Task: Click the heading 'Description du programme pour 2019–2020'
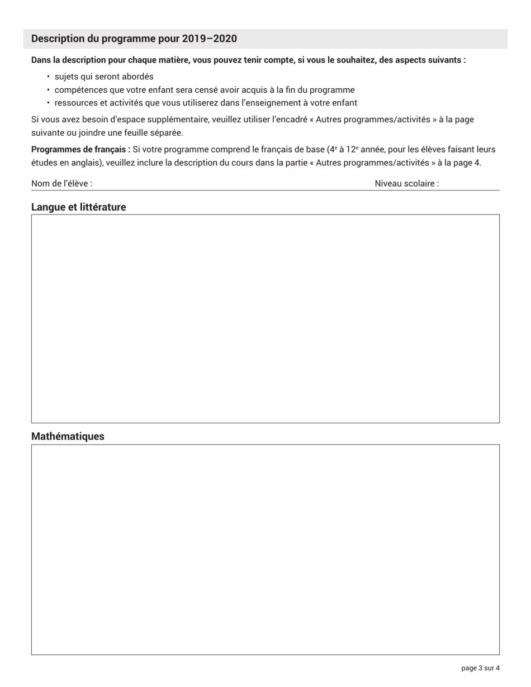(134, 39)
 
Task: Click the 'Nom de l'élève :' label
(61, 183)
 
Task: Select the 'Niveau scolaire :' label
(406, 183)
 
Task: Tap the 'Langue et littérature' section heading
(78, 207)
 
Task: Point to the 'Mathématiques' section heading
(68, 436)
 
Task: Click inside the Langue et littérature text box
(265, 318)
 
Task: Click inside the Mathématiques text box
(265, 549)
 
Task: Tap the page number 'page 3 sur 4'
(480, 668)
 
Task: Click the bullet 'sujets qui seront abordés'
(104, 77)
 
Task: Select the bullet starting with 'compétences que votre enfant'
(205, 90)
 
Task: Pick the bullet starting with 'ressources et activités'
(206, 103)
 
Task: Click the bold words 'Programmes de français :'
(80, 150)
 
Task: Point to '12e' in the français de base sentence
(352, 150)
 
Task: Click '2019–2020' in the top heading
(209, 39)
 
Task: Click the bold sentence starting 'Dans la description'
(248, 60)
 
